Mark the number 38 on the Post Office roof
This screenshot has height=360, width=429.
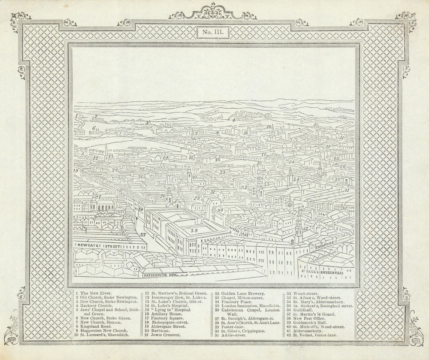[194, 230]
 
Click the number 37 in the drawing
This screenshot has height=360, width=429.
[143, 235]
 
